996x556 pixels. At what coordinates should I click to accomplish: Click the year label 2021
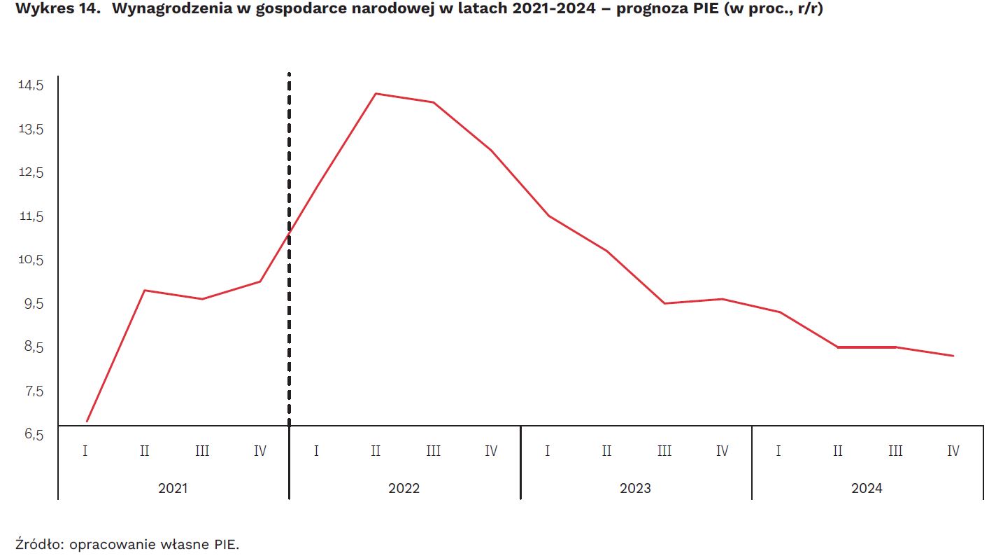click(x=173, y=488)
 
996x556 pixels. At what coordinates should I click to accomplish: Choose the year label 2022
click(x=404, y=488)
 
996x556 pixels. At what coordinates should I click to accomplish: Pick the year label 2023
click(x=635, y=488)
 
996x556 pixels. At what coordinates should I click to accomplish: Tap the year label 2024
click(x=867, y=488)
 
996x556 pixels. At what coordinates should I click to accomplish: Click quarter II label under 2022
click(x=376, y=451)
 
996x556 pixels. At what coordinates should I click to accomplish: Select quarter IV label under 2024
click(x=953, y=451)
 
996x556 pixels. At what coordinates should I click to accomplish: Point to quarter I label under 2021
click(x=85, y=451)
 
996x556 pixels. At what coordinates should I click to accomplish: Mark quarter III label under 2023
click(x=664, y=451)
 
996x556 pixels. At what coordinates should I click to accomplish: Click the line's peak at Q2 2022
click(x=376, y=93)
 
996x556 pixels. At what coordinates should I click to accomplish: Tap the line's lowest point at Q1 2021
click(x=87, y=421)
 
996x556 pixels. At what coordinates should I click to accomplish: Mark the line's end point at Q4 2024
click(x=953, y=356)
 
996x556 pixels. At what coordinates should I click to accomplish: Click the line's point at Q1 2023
click(x=549, y=216)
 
